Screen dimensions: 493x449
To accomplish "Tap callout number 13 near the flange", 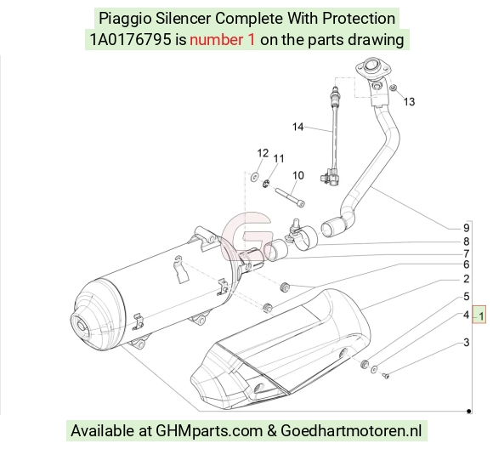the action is coord(409,102).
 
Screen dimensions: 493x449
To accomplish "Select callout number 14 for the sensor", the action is coord(297,127).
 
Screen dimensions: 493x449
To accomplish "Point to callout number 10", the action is coord(298,175).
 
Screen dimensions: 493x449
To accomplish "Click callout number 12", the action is coord(263,153).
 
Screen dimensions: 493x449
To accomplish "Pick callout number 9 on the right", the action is coord(467,228).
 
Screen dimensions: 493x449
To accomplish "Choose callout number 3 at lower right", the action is coord(467,342).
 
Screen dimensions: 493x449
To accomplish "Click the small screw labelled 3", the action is coord(386,375).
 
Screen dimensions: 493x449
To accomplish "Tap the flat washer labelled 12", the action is coord(254,177).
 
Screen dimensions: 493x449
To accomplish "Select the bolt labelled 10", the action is coord(290,197).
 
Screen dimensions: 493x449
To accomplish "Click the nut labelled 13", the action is coord(393,88).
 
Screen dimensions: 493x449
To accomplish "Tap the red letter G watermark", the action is coord(246,236).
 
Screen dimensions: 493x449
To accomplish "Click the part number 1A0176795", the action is coord(131,40).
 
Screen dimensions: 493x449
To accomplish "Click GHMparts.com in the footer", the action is coord(209,431).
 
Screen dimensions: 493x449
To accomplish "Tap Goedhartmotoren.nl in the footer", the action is coord(351,430).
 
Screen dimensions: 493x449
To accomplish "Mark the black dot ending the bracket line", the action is coord(469,411).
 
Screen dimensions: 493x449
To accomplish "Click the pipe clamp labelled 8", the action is coord(302,236).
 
